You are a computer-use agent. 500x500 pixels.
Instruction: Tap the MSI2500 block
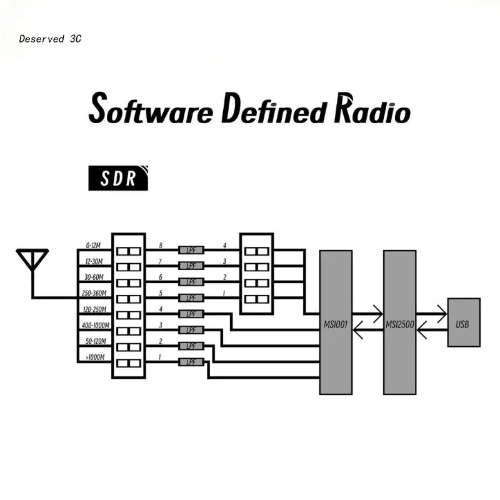click(x=399, y=322)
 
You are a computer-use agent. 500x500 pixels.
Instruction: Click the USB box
click(x=464, y=322)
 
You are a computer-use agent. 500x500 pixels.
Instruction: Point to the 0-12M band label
click(x=93, y=246)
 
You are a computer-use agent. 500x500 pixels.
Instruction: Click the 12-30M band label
click(x=93, y=261)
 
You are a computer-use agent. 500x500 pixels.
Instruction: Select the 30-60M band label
click(x=93, y=277)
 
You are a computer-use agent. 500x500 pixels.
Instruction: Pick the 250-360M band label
click(x=93, y=293)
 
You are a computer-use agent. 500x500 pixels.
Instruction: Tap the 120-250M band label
click(x=93, y=309)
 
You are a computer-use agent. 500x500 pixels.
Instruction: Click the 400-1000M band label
click(x=94, y=326)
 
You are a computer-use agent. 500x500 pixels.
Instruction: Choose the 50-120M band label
click(x=93, y=341)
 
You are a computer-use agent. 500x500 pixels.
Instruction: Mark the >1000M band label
click(x=94, y=357)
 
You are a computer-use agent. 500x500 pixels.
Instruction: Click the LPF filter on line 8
click(x=191, y=249)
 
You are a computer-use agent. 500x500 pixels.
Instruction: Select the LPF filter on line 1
click(x=191, y=362)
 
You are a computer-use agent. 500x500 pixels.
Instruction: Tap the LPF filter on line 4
click(x=191, y=314)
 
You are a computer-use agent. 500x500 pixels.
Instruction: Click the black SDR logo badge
click(x=119, y=178)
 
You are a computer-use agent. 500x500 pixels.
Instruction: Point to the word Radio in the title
click(x=372, y=110)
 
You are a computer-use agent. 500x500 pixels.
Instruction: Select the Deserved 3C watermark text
click(x=50, y=39)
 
